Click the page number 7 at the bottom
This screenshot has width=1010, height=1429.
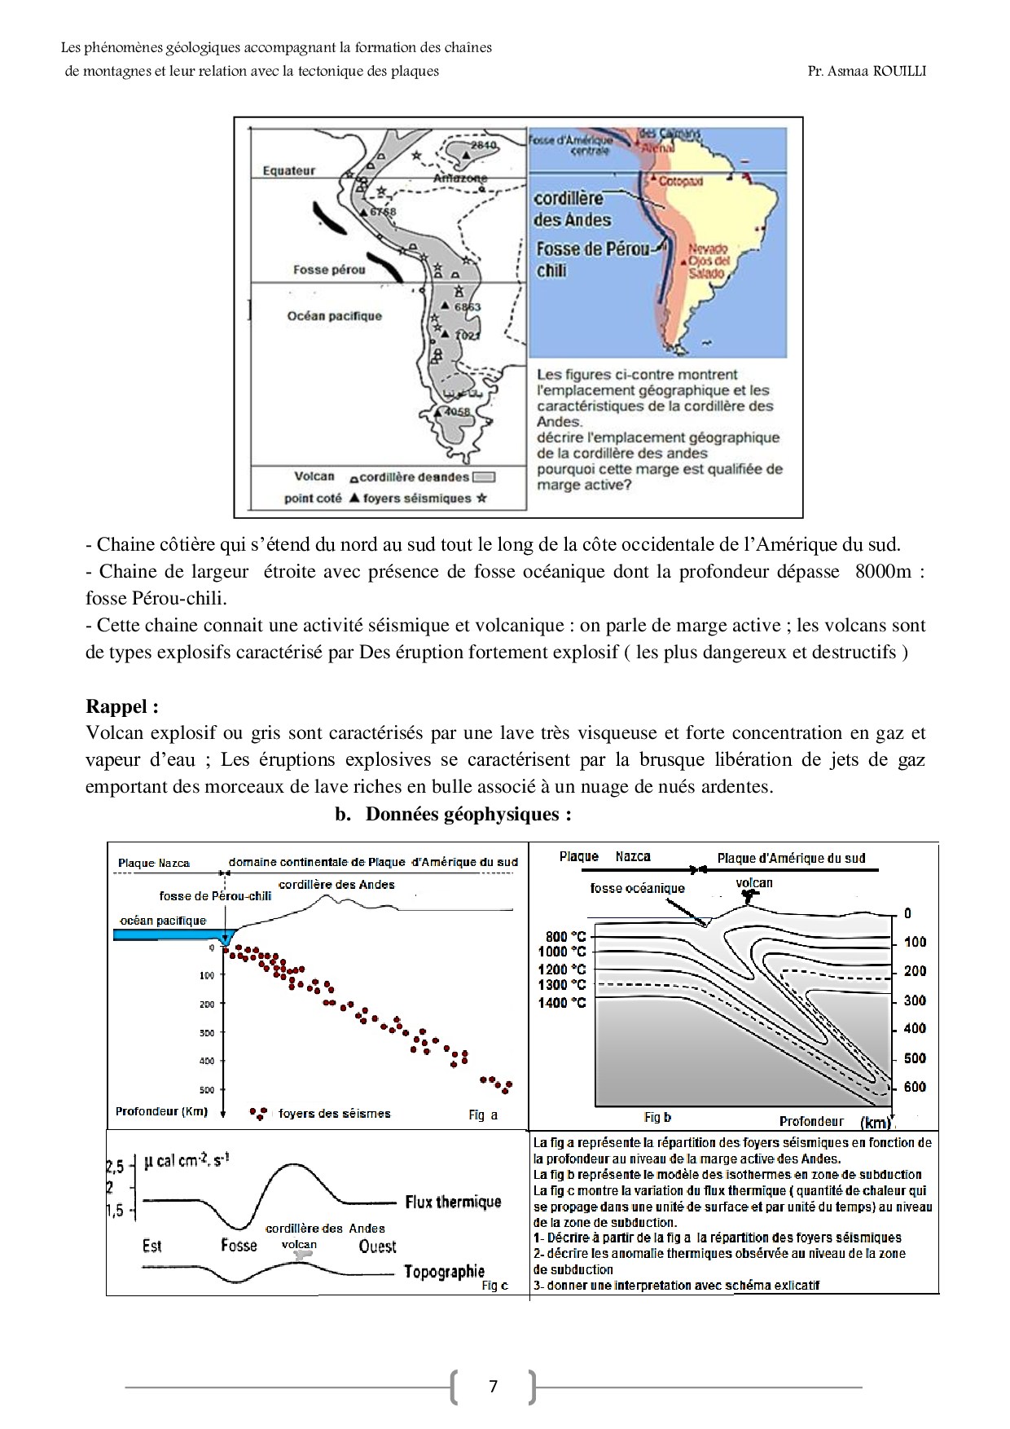point(493,1386)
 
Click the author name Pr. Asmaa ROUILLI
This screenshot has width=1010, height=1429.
point(867,71)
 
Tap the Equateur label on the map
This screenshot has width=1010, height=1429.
point(288,170)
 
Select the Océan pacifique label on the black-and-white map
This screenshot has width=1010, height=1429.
point(334,316)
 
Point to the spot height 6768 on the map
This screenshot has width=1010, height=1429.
point(382,212)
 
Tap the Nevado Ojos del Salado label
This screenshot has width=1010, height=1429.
point(709,261)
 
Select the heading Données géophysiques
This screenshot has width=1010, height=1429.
point(468,814)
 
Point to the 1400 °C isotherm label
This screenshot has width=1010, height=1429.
point(562,1003)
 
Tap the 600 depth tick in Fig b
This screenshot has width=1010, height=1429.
point(915,1087)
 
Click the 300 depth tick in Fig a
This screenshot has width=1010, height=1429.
point(207,1033)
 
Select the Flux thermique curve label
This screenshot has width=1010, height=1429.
point(453,1202)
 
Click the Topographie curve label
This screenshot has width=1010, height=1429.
point(444,1271)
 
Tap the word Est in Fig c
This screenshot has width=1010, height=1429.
point(151,1246)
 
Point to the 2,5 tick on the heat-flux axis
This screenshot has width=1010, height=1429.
point(116,1167)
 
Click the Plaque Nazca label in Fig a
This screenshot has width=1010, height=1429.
point(154,863)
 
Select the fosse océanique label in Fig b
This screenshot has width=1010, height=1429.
point(637,888)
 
